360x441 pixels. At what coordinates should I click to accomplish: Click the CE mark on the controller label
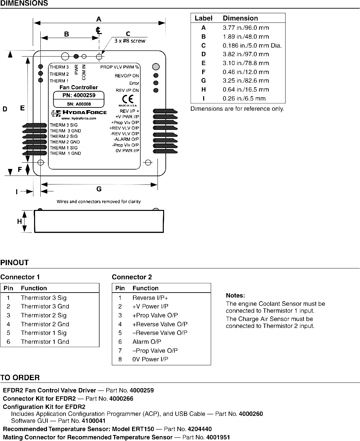(x=128, y=99)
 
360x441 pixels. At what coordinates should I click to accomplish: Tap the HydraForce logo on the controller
(x=79, y=113)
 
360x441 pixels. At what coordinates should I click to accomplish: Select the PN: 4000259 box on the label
(x=79, y=95)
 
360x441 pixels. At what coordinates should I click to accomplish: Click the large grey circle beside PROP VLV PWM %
(x=156, y=67)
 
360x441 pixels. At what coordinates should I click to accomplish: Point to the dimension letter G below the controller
(x=99, y=189)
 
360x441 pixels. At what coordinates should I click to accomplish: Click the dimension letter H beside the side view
(x=20, y=221)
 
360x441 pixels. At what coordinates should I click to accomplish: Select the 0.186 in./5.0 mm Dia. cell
(x=252, y=46)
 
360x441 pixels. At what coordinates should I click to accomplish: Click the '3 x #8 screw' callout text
(x=130, y=41)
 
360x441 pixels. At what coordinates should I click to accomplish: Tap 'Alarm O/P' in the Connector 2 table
(x=147, y=342)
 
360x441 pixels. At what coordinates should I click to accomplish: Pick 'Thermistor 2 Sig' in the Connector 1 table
(x=44, y=315)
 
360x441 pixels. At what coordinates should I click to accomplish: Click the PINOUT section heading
(x=15, y=262)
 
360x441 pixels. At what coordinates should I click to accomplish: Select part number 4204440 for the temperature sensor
(x=200, y=429)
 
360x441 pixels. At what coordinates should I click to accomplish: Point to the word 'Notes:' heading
(x=235, y=296)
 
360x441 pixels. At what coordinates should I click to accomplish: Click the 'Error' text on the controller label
(x=134, y=83)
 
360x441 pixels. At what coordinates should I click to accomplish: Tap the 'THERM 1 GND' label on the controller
(x=65, y=153)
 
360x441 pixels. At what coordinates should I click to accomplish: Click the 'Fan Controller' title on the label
(x=78, y=87)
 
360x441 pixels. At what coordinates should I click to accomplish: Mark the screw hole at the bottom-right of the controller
(x=148, y=162)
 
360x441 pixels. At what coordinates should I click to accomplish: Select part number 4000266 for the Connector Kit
(x=121, y=399)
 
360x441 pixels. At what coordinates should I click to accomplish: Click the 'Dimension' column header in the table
(x=240, y=18)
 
